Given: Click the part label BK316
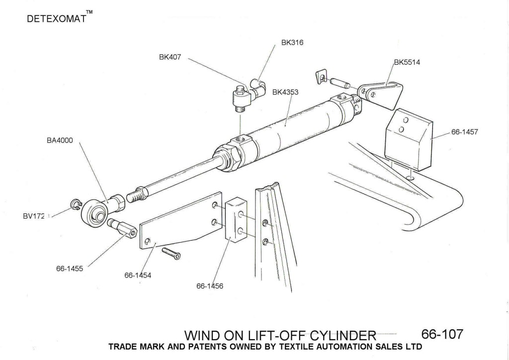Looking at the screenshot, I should click(292, 43).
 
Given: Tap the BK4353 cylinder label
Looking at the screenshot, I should click(285, 92).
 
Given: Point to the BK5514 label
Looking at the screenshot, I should click(407, 63).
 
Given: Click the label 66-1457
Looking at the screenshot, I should click(464, 132).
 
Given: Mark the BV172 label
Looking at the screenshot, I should click(33, 216).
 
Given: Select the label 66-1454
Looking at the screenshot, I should click(138, 274).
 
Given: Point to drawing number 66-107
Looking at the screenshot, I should click(442, 334).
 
